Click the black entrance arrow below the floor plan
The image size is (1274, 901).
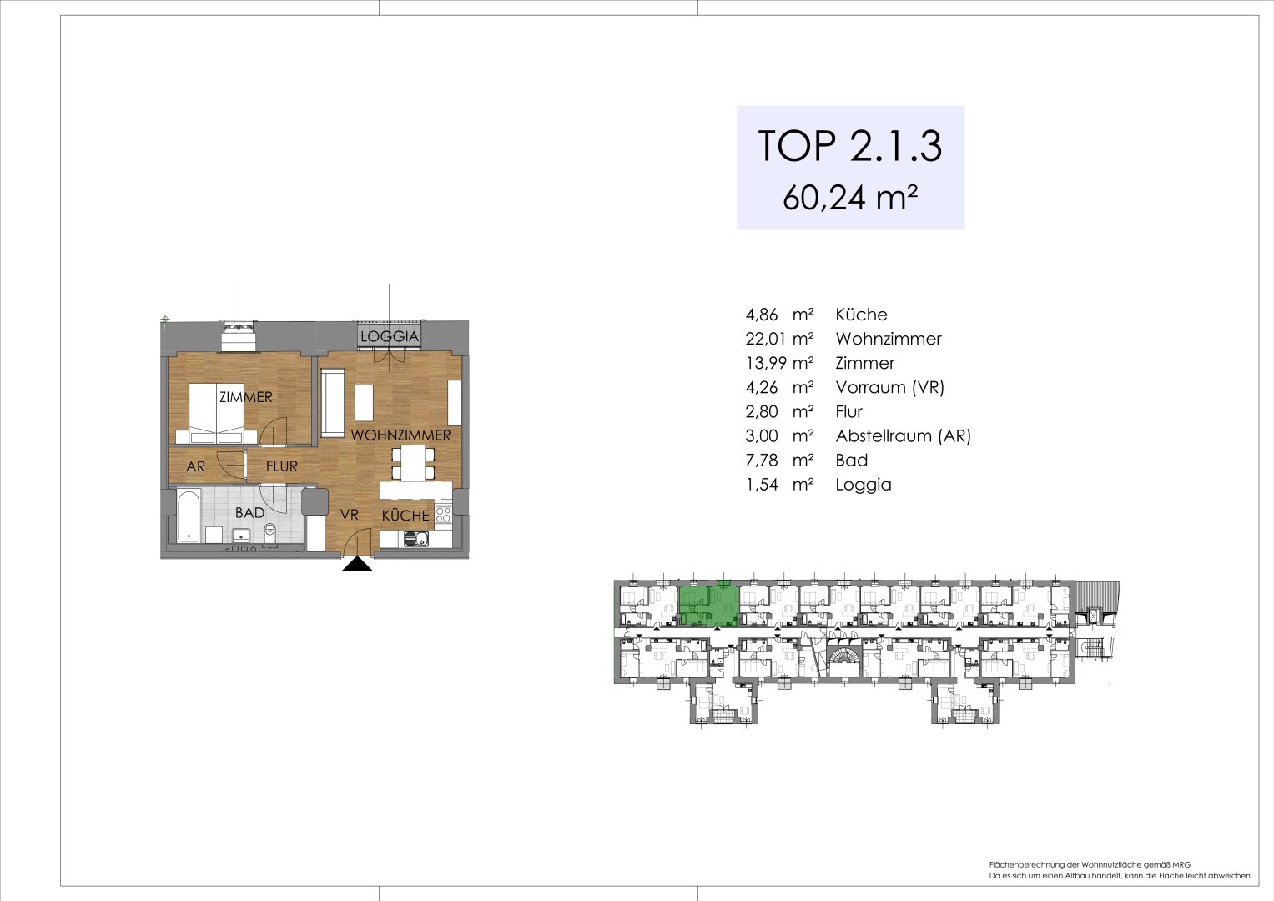[358, 565]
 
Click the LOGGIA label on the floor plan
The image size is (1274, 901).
[389, 336]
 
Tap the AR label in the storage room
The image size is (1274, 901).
[195, 467]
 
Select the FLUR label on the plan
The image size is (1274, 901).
[281, 466]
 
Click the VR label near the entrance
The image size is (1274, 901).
[349, 516]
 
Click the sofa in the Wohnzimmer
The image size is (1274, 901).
[331, 405]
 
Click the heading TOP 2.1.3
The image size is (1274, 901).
[849, 147]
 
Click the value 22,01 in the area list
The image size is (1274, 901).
[767, 339]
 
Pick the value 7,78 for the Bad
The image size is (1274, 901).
[763, 460]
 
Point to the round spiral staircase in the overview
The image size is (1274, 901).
[843, 659]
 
